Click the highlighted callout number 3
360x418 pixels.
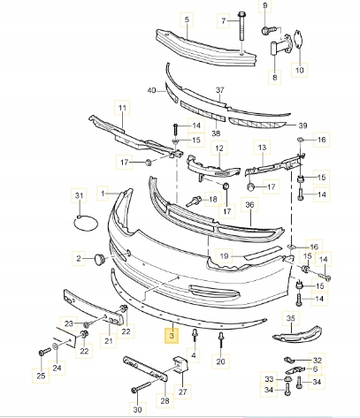[172, 336]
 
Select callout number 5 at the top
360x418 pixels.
[187, 19]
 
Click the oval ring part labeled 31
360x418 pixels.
[86, 223]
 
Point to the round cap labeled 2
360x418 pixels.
[100, 259]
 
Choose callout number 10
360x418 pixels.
[299, 70]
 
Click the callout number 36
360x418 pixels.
[249, 204]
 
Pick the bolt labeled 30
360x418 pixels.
[142, 386]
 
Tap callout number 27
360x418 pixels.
[183, 391]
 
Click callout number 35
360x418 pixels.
[290, 318]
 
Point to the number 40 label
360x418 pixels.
[151, 90]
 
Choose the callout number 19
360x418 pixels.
[224, 256]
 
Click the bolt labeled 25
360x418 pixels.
[44, 353]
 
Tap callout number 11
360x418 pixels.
[122, 108]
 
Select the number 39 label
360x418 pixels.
[303, 125]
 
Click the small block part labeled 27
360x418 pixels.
[180, 365]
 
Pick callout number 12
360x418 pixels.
[219, 148]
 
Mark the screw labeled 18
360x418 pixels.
[194, 201]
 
